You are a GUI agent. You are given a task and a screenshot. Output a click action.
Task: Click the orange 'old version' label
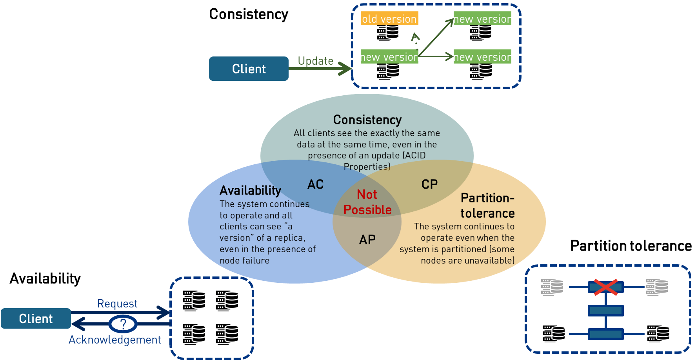coord(389,18)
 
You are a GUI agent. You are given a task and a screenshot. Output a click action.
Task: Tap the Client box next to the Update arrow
coord(249,69)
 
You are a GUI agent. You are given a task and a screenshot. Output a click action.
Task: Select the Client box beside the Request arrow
coord(36,318)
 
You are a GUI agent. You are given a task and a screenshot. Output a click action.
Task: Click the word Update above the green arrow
coord(315,61)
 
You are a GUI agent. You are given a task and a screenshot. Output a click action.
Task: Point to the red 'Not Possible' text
coord(367,202)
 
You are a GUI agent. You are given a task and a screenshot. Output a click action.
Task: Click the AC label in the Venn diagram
coord(315,184)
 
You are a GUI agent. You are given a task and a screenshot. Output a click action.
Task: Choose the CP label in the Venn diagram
coord(429,184)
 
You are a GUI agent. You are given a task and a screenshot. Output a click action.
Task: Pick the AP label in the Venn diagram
coord(367,240)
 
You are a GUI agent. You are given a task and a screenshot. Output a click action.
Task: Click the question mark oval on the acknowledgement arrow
coord(123,324)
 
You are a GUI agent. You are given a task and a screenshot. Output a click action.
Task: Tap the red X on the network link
coord(605,287)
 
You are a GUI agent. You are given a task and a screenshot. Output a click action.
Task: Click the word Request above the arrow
coord(117,304)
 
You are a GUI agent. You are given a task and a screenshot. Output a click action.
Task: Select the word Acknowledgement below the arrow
coord(114,340)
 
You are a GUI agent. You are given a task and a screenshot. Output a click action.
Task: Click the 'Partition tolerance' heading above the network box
coord(631,246)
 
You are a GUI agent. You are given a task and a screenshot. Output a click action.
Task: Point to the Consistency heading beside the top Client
coord(249,14)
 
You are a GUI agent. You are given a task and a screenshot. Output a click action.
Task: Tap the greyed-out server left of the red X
coord(552,287)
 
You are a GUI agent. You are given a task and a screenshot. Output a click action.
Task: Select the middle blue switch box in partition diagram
coord(605,311)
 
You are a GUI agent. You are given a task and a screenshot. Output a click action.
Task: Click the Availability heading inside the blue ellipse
coord(250,191)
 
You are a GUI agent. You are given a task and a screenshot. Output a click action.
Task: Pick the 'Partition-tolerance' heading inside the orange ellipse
coord(487,205)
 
